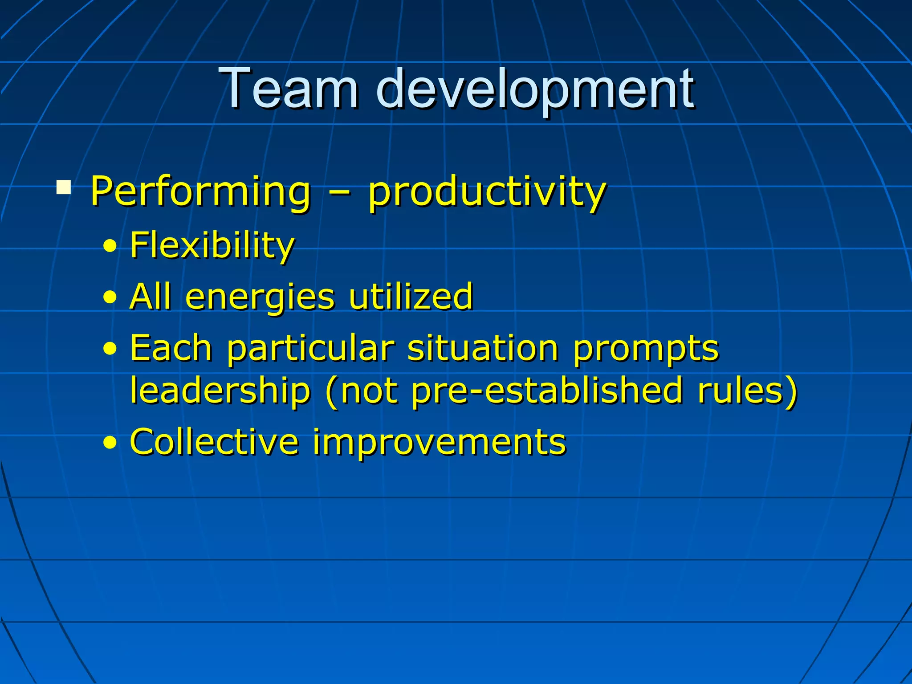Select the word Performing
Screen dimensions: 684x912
click(200, 191)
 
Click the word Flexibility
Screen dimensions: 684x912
click(212, 246)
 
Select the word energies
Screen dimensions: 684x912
click(260, 297)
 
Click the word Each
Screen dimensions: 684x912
click(171, 348)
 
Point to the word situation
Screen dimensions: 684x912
click(483, 348)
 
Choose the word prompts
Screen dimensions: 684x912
click(646, 350)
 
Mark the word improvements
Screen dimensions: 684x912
click(439, 443)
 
